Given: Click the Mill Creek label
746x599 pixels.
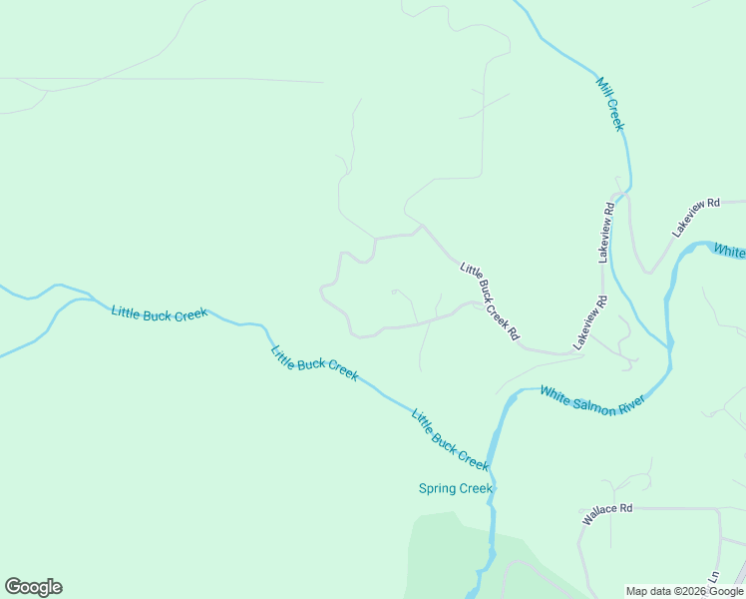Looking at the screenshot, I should [x=610, y=103].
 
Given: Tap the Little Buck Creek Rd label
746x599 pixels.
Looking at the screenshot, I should [x=490, y=301].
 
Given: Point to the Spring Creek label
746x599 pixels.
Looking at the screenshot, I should [x=455, y=488].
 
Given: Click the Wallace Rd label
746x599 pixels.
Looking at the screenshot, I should [x=607, y=514].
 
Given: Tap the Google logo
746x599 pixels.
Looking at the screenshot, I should [x=33, y=587].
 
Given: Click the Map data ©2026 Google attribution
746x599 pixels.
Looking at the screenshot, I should [x=685, y=591].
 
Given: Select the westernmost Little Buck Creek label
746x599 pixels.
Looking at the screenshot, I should [x=160, y=313].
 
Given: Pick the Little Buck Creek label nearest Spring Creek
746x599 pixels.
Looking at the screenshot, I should [x=450, y=439].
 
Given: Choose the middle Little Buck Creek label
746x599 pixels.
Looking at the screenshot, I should [x=314, y=361].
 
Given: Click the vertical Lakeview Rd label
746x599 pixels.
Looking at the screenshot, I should [x=607, y=233].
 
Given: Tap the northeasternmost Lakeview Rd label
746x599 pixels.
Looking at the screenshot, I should [x=695, y=217].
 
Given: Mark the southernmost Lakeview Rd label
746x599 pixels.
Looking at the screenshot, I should [x=589, y=321].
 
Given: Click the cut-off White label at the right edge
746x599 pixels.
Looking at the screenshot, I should [x=729, y=251].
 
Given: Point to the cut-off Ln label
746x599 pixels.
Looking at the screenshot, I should [x=714, y=577].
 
